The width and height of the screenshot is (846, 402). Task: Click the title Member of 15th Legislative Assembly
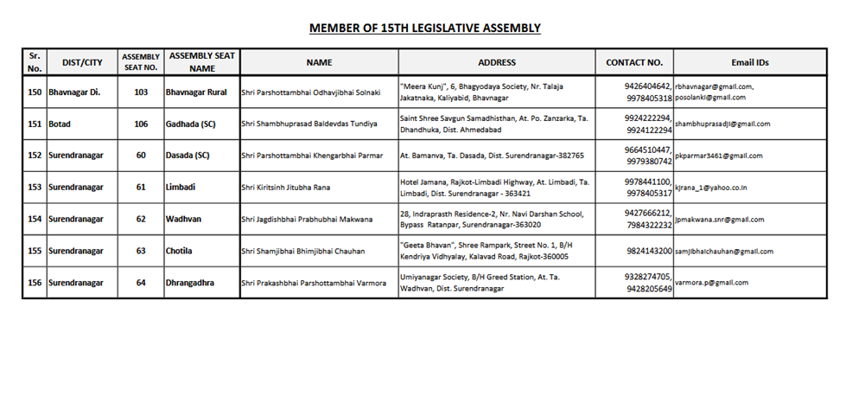click(424, 29)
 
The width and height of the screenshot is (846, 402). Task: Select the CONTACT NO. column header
click(634, 62)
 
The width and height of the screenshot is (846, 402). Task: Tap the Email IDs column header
click(750, 62)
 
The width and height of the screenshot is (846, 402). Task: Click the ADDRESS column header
click(496, 62)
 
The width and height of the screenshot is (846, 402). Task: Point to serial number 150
click(35, 93)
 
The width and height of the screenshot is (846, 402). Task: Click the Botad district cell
click(59, 124)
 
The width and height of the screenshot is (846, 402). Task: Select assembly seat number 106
click(140, 124)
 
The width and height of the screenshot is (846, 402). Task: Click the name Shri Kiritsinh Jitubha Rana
click(286, 188)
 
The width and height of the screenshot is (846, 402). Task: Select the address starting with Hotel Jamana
click(494, 188)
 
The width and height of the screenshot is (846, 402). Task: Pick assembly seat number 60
click(140, 156)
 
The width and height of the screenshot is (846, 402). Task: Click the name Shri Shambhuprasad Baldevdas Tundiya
click(309, 124)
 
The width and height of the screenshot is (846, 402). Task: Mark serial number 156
click(35, 283)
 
